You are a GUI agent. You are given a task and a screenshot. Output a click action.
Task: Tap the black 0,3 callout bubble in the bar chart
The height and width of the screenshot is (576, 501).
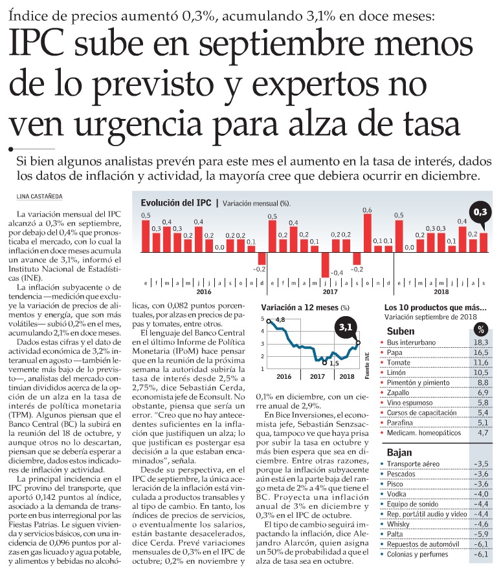(x=481, y=211)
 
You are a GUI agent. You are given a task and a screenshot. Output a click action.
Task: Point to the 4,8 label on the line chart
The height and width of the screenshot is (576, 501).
(x=280, y=320)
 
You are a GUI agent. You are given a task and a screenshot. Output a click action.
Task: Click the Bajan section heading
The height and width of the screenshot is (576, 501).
(x=400, y=452)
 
